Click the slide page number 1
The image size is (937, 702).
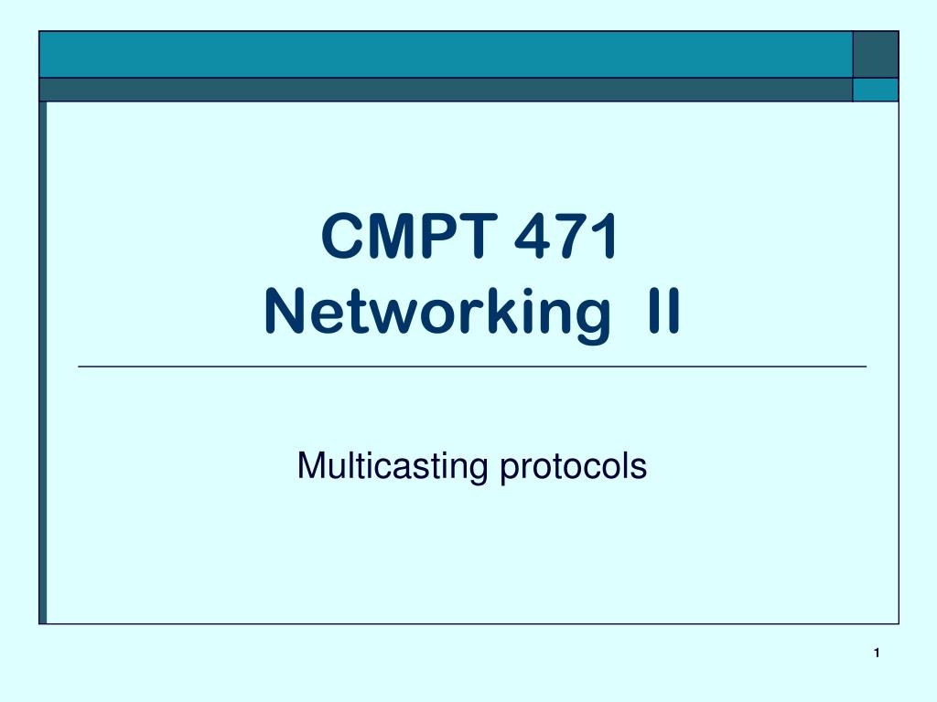876,652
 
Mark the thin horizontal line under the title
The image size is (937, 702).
471,366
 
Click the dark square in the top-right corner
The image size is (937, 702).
875,54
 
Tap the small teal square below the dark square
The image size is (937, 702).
875,90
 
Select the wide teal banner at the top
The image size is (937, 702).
445,54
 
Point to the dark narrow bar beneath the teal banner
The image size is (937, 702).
445,90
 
